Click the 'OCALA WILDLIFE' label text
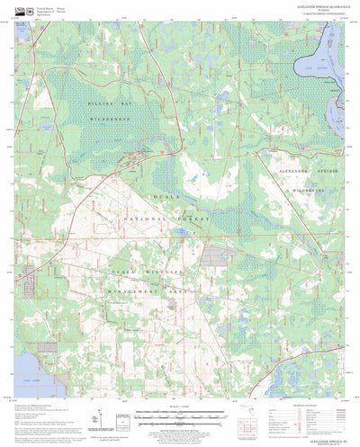[133, 269]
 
